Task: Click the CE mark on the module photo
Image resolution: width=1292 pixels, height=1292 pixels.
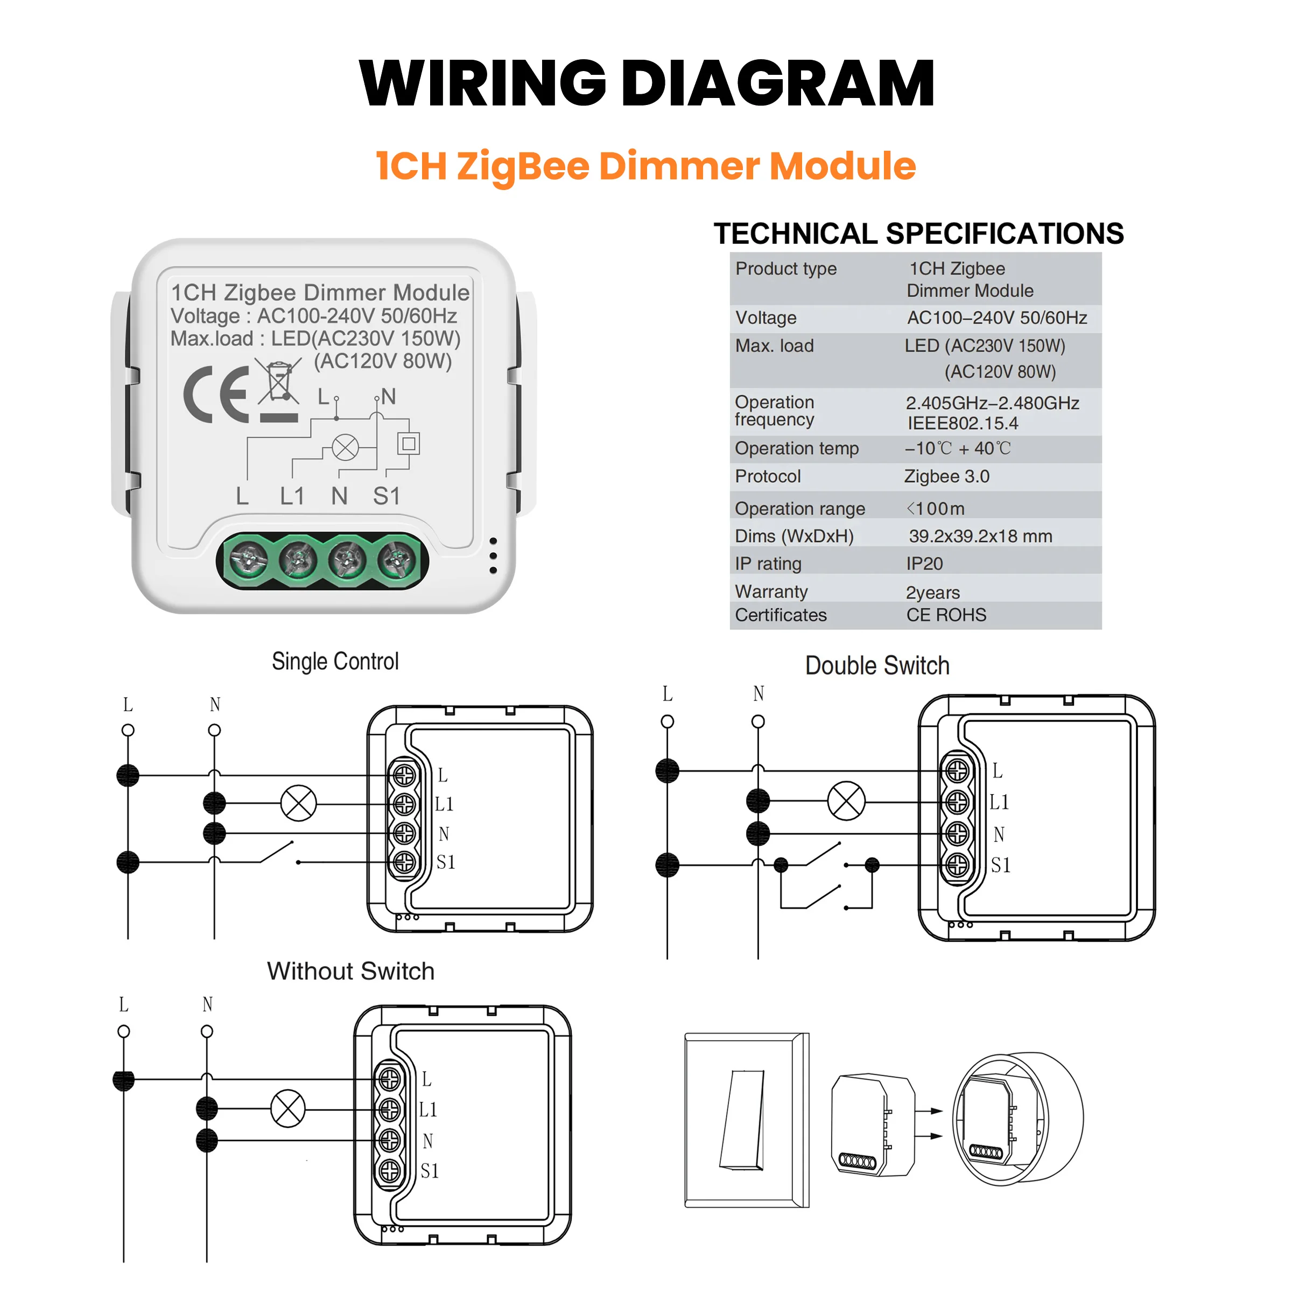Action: [x=215, y=394]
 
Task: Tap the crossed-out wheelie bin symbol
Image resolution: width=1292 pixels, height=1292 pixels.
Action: [x=278, y=383]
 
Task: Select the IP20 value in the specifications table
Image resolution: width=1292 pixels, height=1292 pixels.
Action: [x=924, y=564]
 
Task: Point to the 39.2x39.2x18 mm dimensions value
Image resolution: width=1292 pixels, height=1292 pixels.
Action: [x=980, y=536]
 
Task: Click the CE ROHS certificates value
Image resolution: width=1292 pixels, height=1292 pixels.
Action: [x=946, y=615]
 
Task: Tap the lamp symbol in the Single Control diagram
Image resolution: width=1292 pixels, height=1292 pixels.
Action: [x=298, y=803]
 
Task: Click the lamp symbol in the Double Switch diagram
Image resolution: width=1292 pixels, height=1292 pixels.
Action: [x=846, y=801]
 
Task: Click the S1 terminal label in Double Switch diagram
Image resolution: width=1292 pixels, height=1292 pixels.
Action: [x=1000, y=865]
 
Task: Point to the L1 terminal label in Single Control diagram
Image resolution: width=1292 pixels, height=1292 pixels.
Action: [x=444, y=804]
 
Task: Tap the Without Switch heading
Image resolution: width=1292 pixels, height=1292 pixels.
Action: [x=350, y=971]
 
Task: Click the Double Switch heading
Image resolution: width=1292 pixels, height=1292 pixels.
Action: [x=877, y=665]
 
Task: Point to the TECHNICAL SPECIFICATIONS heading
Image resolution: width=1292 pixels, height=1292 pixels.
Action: [x=918, y=234]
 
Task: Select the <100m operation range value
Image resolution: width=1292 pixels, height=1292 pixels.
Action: [x=936, y=508]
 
